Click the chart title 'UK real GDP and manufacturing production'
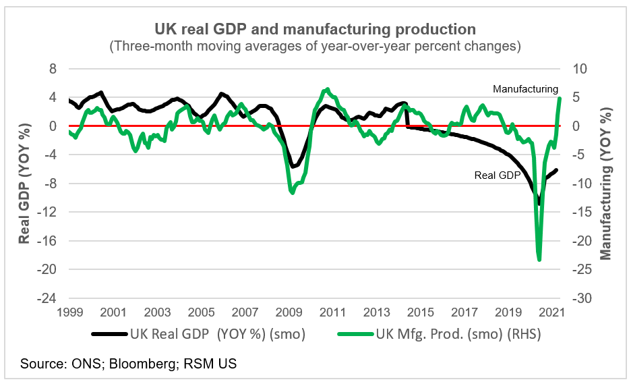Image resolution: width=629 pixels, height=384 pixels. (315, 30)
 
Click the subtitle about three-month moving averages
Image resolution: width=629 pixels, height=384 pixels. (315, 47)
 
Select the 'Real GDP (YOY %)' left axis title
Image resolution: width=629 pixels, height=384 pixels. (24, 184)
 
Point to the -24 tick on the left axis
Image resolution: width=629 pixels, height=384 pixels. (51, 298)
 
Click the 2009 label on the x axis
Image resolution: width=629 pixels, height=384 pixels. (289, 313)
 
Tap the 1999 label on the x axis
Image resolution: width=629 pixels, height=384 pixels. (69, 313)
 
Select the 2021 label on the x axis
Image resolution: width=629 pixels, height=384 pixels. (552, 313)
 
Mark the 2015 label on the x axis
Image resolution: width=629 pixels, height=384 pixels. (421, 313)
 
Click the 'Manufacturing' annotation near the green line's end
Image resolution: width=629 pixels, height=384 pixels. (525, 89)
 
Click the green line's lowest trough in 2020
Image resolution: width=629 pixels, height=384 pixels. (539, 260)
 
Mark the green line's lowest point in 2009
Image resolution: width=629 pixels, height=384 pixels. (292, 193)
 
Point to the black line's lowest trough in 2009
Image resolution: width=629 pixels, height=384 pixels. (291, 166)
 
